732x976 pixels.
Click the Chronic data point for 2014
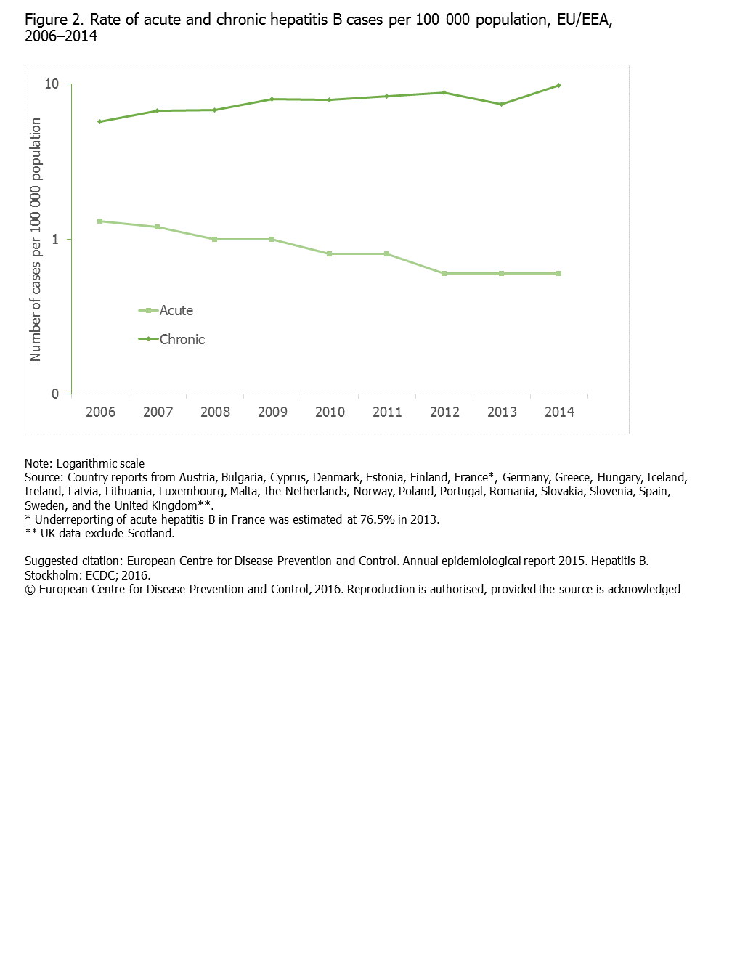[558, 86]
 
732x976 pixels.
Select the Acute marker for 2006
[99, 221]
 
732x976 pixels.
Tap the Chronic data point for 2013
[501, 105]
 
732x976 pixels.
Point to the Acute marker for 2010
[329, 254]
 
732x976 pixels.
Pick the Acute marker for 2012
[444, 274]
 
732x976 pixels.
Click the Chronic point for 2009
[272, 99]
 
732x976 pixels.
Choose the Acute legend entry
[167, 311]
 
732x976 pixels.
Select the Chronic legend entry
[173, 339]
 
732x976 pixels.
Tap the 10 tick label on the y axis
[52, 84]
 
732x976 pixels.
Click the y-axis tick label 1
[55, 240]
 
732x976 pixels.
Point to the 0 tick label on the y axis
[55, 394]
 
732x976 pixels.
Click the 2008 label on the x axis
[215, 412]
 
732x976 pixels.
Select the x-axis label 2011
[387, 412]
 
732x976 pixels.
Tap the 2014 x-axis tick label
[559, 412]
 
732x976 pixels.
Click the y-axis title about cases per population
[36, 240]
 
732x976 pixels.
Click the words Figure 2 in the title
[54, 20]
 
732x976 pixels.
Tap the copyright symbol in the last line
[30, 590]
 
